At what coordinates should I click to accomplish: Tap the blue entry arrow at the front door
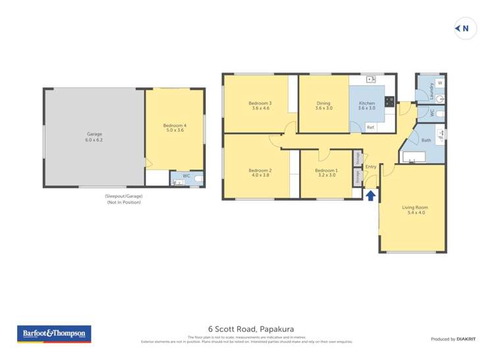(x=370, y=195)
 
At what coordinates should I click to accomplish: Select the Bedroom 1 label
(x=327, y=170)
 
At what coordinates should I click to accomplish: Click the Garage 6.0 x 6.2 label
(x=94, y=134)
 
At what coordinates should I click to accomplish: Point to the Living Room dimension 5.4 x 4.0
(x=414, y=213)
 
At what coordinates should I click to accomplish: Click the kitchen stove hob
(x=389, y=101)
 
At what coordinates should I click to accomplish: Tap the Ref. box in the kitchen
(x=370, y=126)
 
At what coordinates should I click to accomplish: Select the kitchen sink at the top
(x=370, y=79)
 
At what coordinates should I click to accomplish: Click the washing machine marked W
(x=439, y=83)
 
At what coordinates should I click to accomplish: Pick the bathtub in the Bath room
(x=414, y=157)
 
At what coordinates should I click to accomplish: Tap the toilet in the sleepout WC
(x=199, y=178)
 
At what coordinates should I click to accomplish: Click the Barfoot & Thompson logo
(x=55, y=334)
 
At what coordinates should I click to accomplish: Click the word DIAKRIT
(x=467, y=339)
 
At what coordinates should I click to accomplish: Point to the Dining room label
(x=323, y=103)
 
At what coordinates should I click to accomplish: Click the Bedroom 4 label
(x=175, y=125)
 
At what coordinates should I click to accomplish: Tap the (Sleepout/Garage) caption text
(x=123, y=196)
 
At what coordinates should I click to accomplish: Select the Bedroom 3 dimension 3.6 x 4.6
(x=260, y=109)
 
